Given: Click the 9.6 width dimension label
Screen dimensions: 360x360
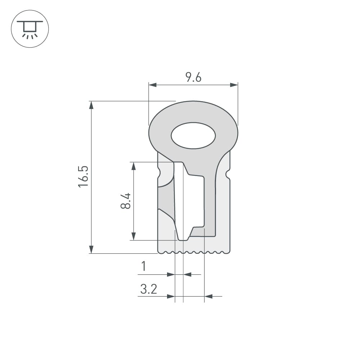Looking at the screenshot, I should pyautogui.click(x=193, y=77).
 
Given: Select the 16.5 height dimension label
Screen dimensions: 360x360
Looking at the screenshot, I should pyautogui.click(x=83, y=176).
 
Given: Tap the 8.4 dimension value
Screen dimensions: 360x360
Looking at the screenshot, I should pyautogui.click(x=126, y=201).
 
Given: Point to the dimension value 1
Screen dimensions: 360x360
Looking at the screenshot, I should pyautogui.click(x=144, y=266).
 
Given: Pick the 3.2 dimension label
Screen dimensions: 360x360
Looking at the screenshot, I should pyautogui.click(x=149, y=289).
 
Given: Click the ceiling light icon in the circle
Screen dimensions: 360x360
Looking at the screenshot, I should pyautogui.click(x=30, y=29).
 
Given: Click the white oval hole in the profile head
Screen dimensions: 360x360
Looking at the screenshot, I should pyautogui.click(x=193, y=136).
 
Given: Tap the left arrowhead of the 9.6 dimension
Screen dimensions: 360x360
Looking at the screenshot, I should pyautogui.click(x=153, y=85).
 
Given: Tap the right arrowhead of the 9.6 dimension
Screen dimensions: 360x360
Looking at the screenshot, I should pyautogui.click(x=234, y=85).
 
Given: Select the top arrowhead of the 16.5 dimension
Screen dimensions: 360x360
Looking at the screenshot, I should pyautogui.click(x=91, y=105).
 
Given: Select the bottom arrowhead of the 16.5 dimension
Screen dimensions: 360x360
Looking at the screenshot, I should pyautogui.click(x=91, y=249).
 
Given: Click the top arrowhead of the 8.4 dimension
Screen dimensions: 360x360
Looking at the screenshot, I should pyautogui.click(x=134, y=166).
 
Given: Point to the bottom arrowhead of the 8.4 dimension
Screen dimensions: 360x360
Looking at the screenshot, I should pyautogui.click(x=134, y=236).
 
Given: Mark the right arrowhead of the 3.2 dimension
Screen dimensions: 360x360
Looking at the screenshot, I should pyautogui.click(x=208, y=296).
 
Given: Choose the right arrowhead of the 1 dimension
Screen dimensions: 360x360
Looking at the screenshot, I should pyautogui.click(x=188, y=275).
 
